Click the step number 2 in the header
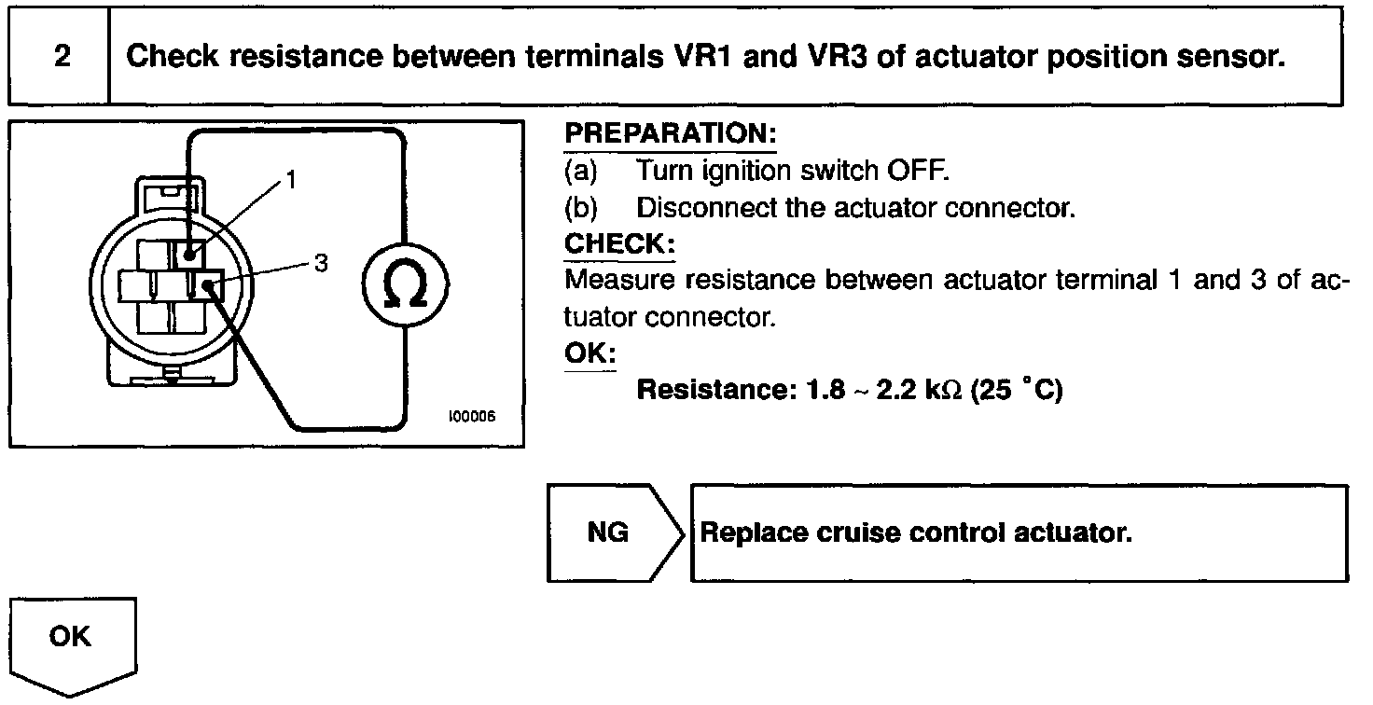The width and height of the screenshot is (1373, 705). click(62, 57)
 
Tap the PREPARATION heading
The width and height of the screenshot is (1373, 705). click(671, 134)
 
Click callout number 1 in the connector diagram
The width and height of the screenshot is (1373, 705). click(292, 179)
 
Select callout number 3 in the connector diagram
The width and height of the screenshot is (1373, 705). click(321, 263)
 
